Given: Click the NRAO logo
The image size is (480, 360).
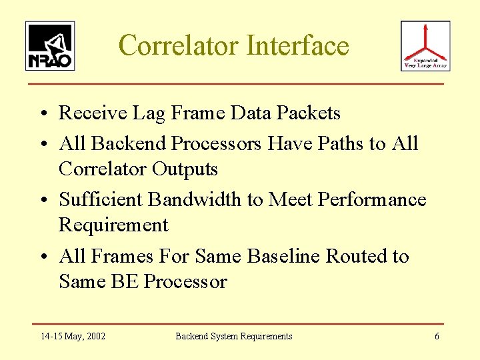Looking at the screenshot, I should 50,45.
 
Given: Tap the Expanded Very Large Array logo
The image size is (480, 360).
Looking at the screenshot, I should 425,45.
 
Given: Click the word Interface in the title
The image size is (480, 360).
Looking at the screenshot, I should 297,45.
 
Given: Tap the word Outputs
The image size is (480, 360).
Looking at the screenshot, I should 185,169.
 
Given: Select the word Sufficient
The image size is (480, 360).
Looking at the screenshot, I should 101,199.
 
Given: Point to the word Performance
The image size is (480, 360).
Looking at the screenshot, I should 372,199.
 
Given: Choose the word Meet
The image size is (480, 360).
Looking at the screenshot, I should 291,199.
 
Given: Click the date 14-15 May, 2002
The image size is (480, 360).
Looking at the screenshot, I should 73,336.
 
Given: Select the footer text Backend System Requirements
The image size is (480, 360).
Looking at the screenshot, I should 233,336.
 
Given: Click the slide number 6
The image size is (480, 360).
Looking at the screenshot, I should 437,336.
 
